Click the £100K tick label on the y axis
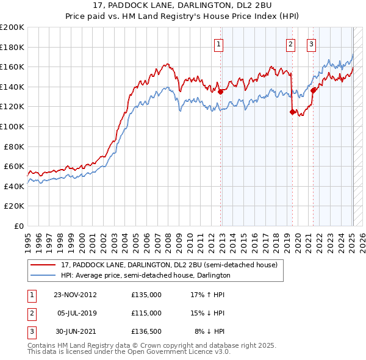coord(12,126)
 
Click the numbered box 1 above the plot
coord(218,44)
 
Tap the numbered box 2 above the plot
coord(290,44)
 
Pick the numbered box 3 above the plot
coord(311,44)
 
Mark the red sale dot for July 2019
coord(292,112)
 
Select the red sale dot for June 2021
coord(314,90)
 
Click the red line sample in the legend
coord(43,265)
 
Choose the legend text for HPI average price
coord(145,275)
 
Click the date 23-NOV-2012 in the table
coord(75,294)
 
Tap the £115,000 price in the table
coord(146,313)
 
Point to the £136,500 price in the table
coord(146,331)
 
